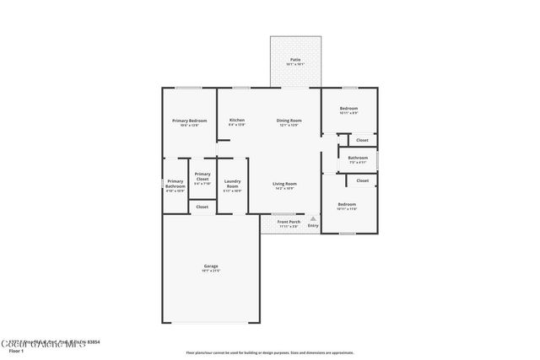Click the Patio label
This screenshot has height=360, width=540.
(x=295, y=60)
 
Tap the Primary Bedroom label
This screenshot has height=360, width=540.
(x=190, y=121)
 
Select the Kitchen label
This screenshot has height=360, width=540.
(x=237, y=121)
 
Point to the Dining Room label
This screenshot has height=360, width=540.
(x=289, y=121)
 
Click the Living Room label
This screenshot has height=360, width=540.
(x=284, y=184)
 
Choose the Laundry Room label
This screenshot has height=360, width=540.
(x=232, y=184)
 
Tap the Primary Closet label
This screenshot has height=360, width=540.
(x=202, y=178)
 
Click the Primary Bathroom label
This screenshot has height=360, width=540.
(x=175, y=184)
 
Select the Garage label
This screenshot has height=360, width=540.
(x=210, y=266)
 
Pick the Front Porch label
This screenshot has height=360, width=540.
(x=289, y=222)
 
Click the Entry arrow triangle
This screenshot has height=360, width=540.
(x=313, y=218)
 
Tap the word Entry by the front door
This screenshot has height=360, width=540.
(x=313, y=225)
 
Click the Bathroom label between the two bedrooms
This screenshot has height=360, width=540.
(x=358, y=158)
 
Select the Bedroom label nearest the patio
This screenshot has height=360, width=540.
(x=348, y=109)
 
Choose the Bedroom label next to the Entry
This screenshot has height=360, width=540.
(x=347, y=204)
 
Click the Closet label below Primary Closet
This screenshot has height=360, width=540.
(x=202, y=207)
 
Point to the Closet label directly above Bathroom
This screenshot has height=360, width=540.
(x=362, y=140)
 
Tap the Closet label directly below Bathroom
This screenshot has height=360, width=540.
(x=362, y=180)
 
